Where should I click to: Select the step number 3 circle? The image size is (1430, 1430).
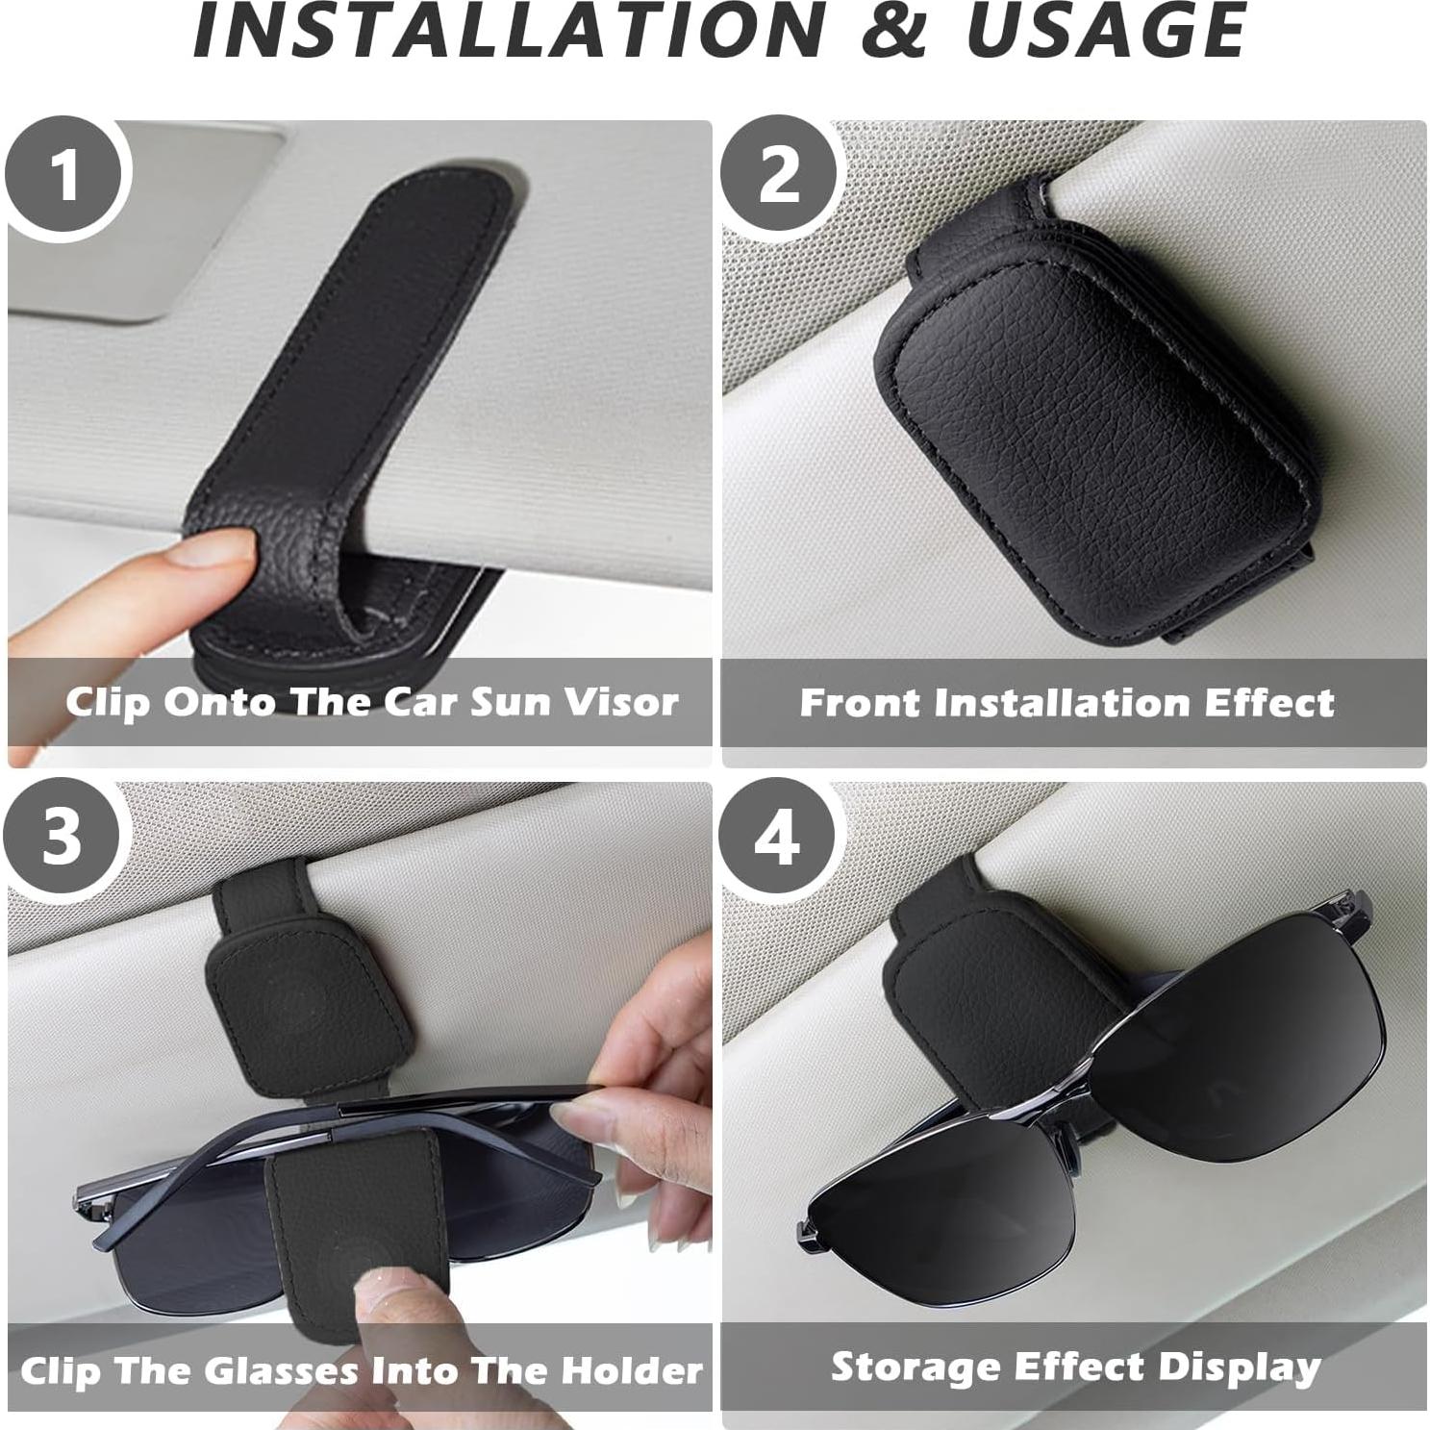pos(63,838)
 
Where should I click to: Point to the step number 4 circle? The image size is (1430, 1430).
pos(777,838)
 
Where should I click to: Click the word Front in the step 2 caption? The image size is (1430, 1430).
pos(861,703)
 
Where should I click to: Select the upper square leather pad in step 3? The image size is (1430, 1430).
pos(305,1000)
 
